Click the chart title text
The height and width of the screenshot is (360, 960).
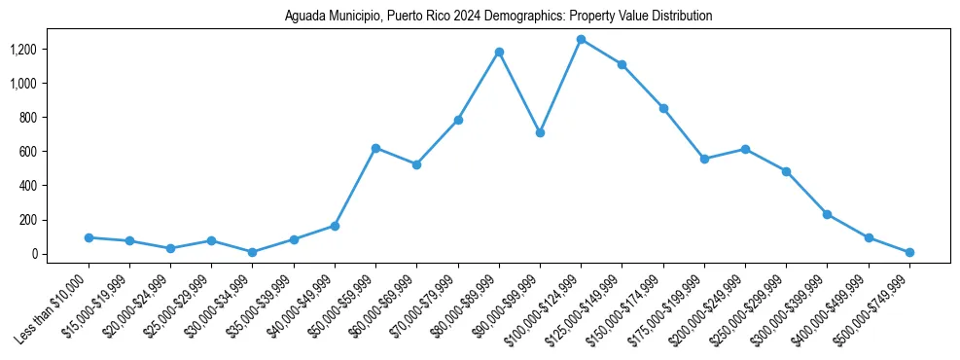point(498,16)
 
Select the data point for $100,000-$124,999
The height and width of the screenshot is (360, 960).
point(581,39)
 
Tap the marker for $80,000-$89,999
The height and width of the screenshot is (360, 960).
point(499,52)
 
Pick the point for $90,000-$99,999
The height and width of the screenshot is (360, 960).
point(540,132)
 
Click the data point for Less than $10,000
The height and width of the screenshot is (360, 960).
point(89,237)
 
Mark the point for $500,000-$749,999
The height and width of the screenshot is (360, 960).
point(909,252)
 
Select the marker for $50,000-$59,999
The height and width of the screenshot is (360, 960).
point(375,148)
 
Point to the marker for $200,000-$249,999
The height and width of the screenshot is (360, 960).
point(745,149)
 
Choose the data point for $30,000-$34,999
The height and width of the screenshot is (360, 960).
point(253,252)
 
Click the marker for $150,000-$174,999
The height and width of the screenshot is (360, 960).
point(663,108)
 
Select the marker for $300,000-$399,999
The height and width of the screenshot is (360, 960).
point(827,214)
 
